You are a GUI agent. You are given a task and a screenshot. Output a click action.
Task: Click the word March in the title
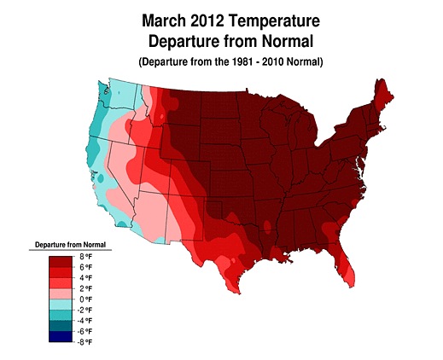[164, 20]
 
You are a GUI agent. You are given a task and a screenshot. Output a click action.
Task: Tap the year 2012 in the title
[207, 20]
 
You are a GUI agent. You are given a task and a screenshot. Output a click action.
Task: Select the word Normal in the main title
[288, 41]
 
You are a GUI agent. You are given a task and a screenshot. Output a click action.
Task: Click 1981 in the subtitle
[242, 61]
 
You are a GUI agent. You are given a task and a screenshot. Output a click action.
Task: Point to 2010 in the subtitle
[273, 61]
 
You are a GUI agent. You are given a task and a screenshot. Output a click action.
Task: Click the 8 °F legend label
[85, 257]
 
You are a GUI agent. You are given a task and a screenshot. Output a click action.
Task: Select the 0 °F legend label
[85, 299]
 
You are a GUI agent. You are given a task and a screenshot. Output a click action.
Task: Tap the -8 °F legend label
[85, 342]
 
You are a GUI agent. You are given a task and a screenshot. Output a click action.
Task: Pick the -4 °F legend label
[85, 321]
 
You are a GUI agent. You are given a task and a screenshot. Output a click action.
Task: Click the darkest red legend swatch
[61, 262]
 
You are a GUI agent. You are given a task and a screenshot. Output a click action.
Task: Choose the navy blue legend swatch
[61, 337]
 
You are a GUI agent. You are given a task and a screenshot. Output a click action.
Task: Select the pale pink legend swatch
[61, 293]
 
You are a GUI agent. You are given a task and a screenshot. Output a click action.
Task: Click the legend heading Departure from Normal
[70, 245]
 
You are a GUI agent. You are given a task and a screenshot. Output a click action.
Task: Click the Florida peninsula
[344, 264]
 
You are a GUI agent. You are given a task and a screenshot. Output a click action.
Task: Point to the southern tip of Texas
[238, 293]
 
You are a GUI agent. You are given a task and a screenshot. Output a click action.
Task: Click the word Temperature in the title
[274, 21]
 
